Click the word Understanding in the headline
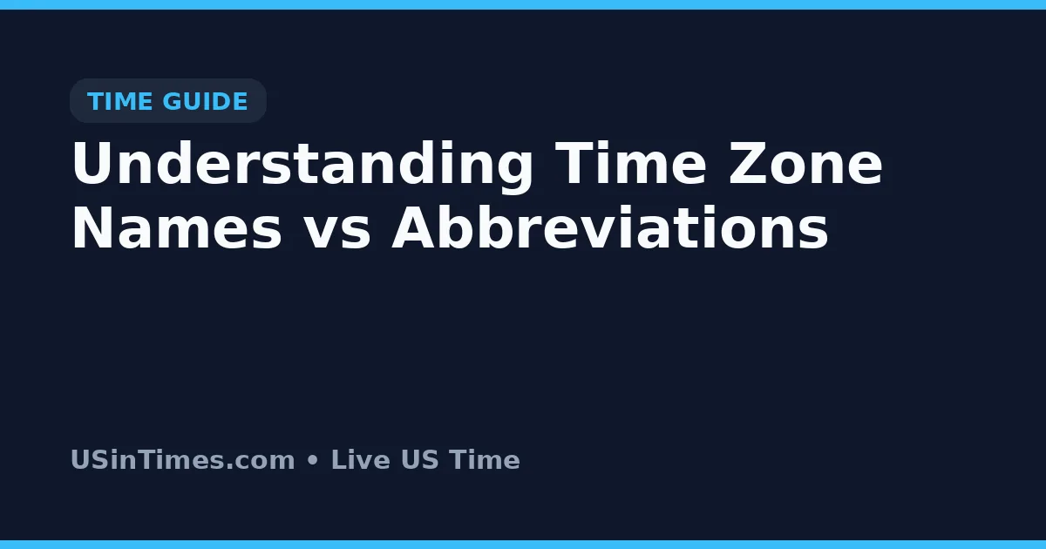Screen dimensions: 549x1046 [302, 165]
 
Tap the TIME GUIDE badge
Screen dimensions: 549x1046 [167, 101]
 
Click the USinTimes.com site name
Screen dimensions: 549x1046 [183, 459]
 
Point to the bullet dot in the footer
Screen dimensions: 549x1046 [313, 461]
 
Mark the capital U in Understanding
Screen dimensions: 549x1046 [92, 165]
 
